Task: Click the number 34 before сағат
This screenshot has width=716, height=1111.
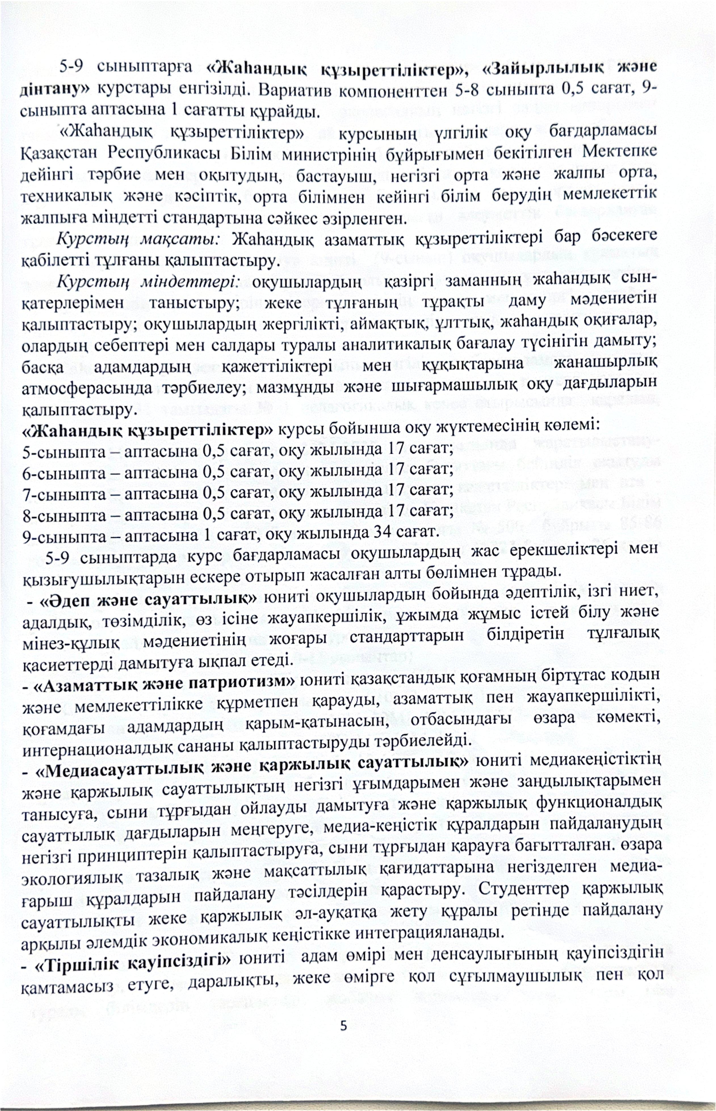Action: (x=383, y=531)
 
